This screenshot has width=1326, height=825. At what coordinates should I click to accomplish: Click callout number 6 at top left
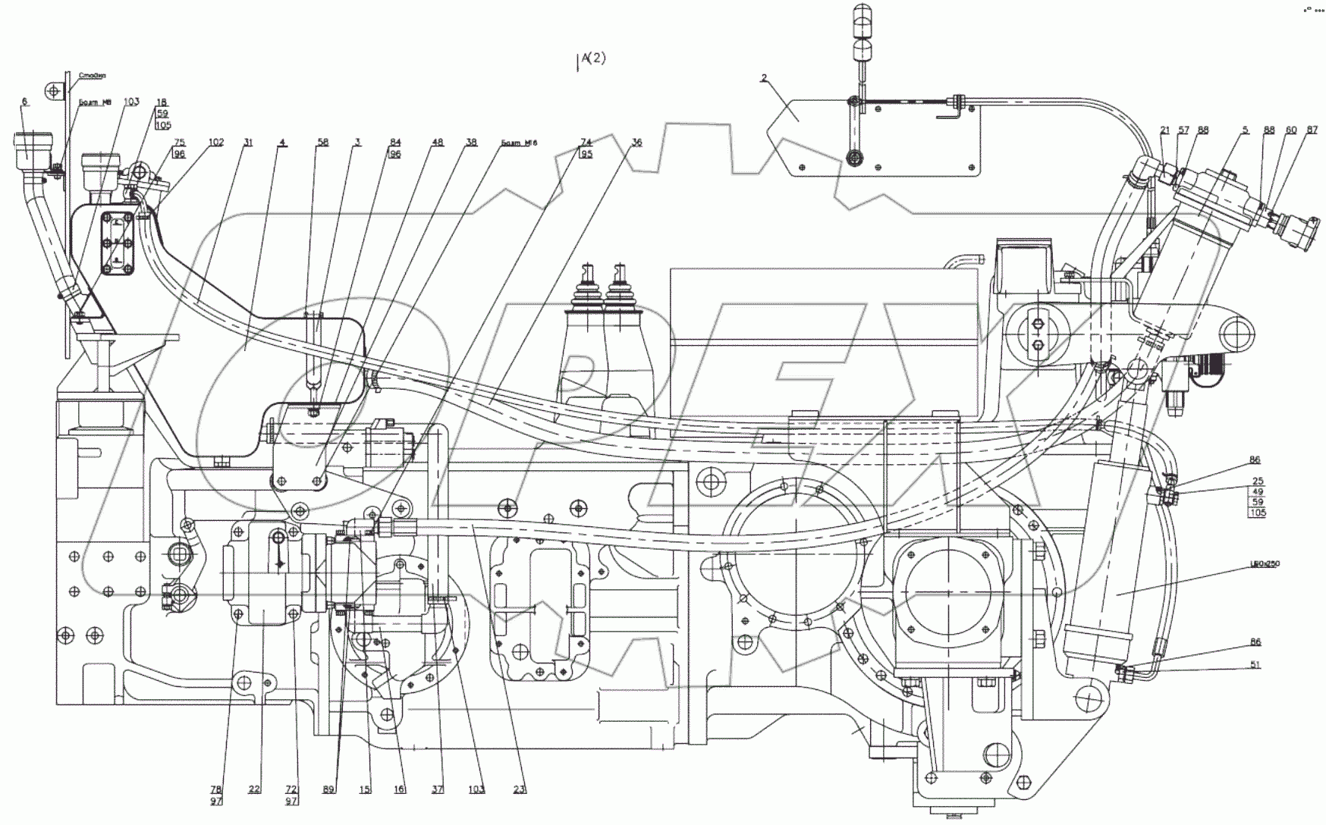[24, 102]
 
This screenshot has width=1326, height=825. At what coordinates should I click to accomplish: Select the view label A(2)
[592, 58]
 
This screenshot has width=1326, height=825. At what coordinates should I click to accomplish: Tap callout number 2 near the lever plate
[764, 78]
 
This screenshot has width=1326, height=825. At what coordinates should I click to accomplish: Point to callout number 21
[1165, 130]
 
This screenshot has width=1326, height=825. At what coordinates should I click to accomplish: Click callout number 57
[1183, 130]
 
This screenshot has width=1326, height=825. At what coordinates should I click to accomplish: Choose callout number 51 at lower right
[1255, 668]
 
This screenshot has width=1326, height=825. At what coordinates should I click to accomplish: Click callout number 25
[1257, 482]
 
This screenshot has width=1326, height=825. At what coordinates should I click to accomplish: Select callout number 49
[1257, 492]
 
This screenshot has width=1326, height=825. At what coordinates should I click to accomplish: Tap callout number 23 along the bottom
[519, 789]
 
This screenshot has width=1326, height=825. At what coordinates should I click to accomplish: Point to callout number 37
[438, 789]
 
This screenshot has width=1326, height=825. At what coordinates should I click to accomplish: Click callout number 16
[400, 789]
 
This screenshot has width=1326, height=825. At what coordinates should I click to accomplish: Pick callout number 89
[328, 789]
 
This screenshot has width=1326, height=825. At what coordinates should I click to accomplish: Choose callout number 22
[253, 789]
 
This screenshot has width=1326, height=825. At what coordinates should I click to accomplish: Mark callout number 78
[217, 789]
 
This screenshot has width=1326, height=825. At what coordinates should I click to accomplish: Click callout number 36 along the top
[636, 143]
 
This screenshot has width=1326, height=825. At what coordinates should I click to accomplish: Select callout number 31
[248, 143]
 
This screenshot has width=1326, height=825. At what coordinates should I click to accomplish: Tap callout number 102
[216, 143]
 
